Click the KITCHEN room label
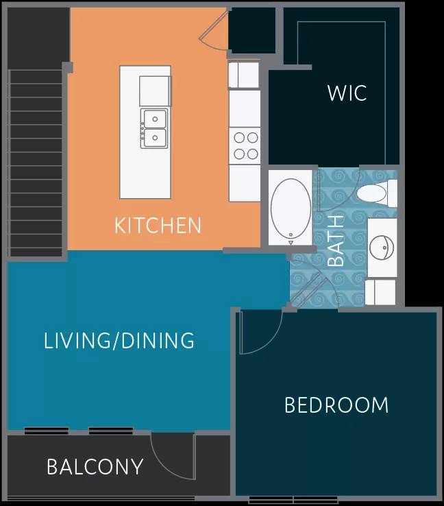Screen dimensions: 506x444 [x=158, y=225]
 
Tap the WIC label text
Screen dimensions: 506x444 [x=347, y=93]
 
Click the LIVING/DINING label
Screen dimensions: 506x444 [x=119, y=341]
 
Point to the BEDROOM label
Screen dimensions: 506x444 [x=336, y=405]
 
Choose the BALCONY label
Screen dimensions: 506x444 [x=95, y=467]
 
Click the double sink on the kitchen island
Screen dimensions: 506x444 [x=155, y=128]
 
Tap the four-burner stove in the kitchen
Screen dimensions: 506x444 [x=245, y=145]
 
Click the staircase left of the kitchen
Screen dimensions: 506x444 [x=36, y=161]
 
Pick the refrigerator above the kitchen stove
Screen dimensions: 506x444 [x=244, y=75]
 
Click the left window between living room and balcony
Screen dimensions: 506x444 [x=47, y=431]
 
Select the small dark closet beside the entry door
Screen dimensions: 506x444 [x=251, y=30]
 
